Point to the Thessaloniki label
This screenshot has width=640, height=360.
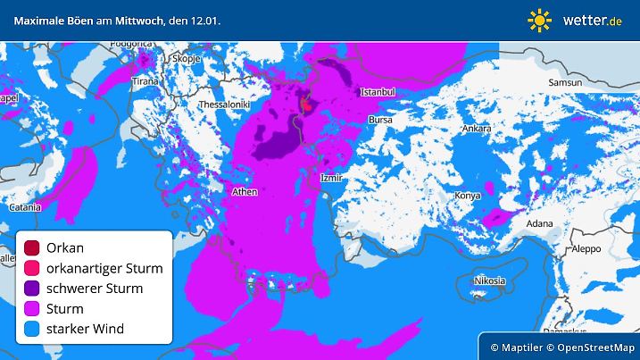[223, 105]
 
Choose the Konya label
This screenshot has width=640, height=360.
[468, 196]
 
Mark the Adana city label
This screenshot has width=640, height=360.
[538, 223]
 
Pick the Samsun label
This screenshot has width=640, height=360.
[565, 82]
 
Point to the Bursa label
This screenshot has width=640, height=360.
[380, 119]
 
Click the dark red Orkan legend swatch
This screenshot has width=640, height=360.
[32, 247]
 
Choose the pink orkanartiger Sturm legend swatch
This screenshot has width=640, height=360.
[32, 268]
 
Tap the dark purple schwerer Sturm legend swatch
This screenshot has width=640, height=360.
[32, 289]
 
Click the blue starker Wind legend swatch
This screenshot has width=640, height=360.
[32, 330]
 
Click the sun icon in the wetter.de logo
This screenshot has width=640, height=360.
[540, 20]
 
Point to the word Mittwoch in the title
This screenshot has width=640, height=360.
[129, 20]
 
